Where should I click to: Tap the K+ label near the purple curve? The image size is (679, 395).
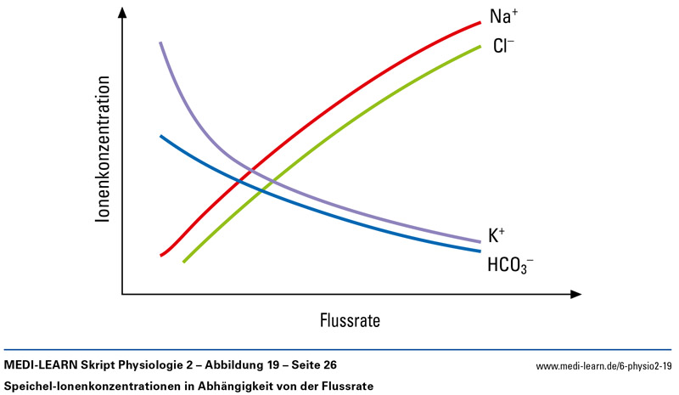pos(498,234)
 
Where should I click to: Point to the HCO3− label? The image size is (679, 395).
pos(509,264)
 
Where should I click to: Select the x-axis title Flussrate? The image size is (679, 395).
pos(349,321)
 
